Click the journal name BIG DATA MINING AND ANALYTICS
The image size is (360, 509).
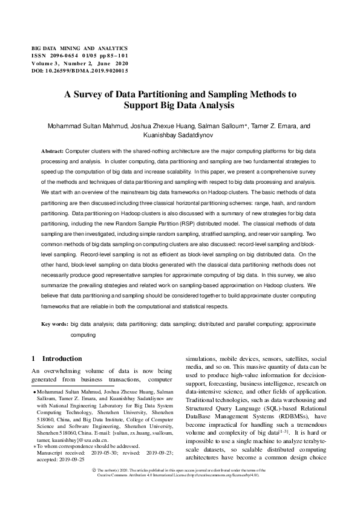[79, 47]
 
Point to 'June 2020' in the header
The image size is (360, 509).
[114, 62]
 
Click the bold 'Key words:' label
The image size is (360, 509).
[54, 325]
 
